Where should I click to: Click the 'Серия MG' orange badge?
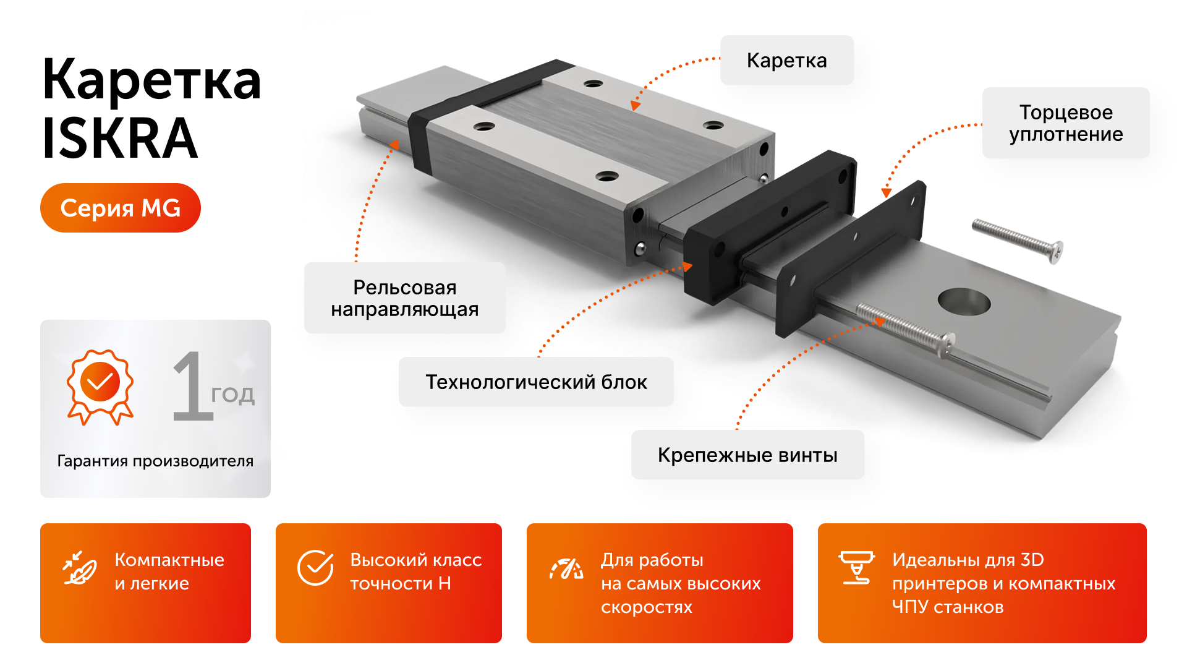click(121, 208)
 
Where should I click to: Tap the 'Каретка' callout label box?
click(786, 60)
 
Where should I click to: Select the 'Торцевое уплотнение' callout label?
click(1065, 123)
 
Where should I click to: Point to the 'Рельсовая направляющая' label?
click(404, 298)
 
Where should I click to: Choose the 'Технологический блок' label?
click(536, 382)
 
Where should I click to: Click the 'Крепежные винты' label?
click(747, 455)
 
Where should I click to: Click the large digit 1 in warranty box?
click(192, 387)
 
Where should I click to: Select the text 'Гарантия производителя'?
click(155, 461)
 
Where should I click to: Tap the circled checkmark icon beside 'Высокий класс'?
click(315, 567)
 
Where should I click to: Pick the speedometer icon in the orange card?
click(566, 568)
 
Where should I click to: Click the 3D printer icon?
click(856, 567)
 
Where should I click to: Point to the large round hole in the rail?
click(964, 302)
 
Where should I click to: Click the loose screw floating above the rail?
click(1017, 240)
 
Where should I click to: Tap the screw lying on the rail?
click(906, 328)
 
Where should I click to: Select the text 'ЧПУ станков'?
click(947, 607)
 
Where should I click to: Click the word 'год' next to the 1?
click(232, 395)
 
